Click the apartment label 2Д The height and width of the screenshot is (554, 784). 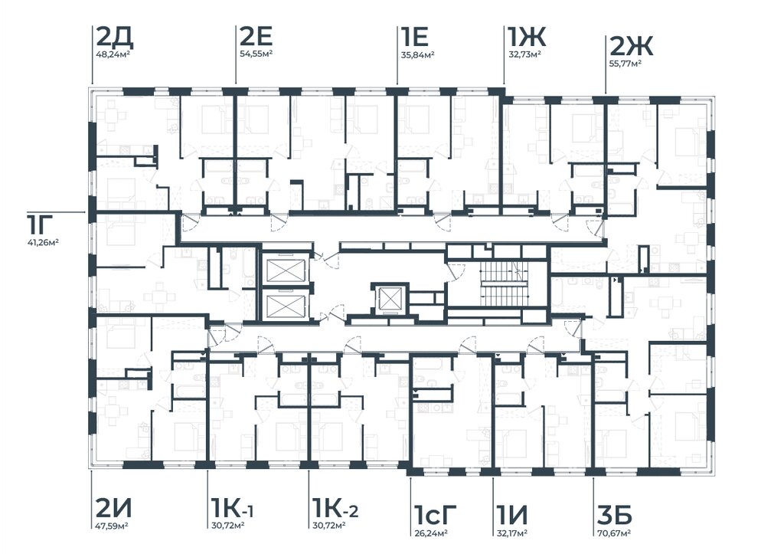click(114, 37)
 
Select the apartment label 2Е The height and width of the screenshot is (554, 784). click(256, 37)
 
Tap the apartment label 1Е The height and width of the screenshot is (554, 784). click(414, 37)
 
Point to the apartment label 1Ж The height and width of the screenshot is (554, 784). click(527, 37)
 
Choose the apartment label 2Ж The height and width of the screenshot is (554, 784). click(632, 47)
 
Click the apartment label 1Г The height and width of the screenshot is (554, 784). click(38, 225)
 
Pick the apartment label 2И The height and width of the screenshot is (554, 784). click(113, 510)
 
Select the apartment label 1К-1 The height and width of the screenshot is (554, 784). click(233, 510)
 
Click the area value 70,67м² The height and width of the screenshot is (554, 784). click(613, 533)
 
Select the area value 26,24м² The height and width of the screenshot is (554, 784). click(430, 533)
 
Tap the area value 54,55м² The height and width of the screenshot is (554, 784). click(256, 54)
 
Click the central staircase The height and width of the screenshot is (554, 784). click(504, 284)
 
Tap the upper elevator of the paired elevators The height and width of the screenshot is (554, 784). click(286, 270)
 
